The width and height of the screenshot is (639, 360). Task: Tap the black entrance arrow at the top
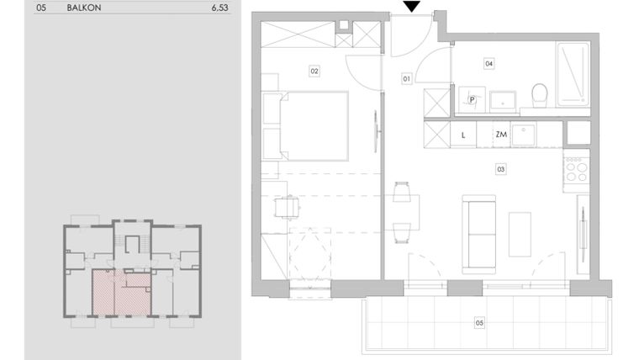411,7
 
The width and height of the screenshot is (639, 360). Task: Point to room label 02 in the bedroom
314,71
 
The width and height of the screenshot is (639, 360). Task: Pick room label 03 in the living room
501,169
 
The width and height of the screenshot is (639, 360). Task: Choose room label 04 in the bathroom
488,63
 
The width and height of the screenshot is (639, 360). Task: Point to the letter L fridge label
463,135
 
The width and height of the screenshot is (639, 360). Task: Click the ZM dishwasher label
501,135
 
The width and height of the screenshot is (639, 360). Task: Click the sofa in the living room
479,233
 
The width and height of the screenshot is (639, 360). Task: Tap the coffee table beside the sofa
520,234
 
